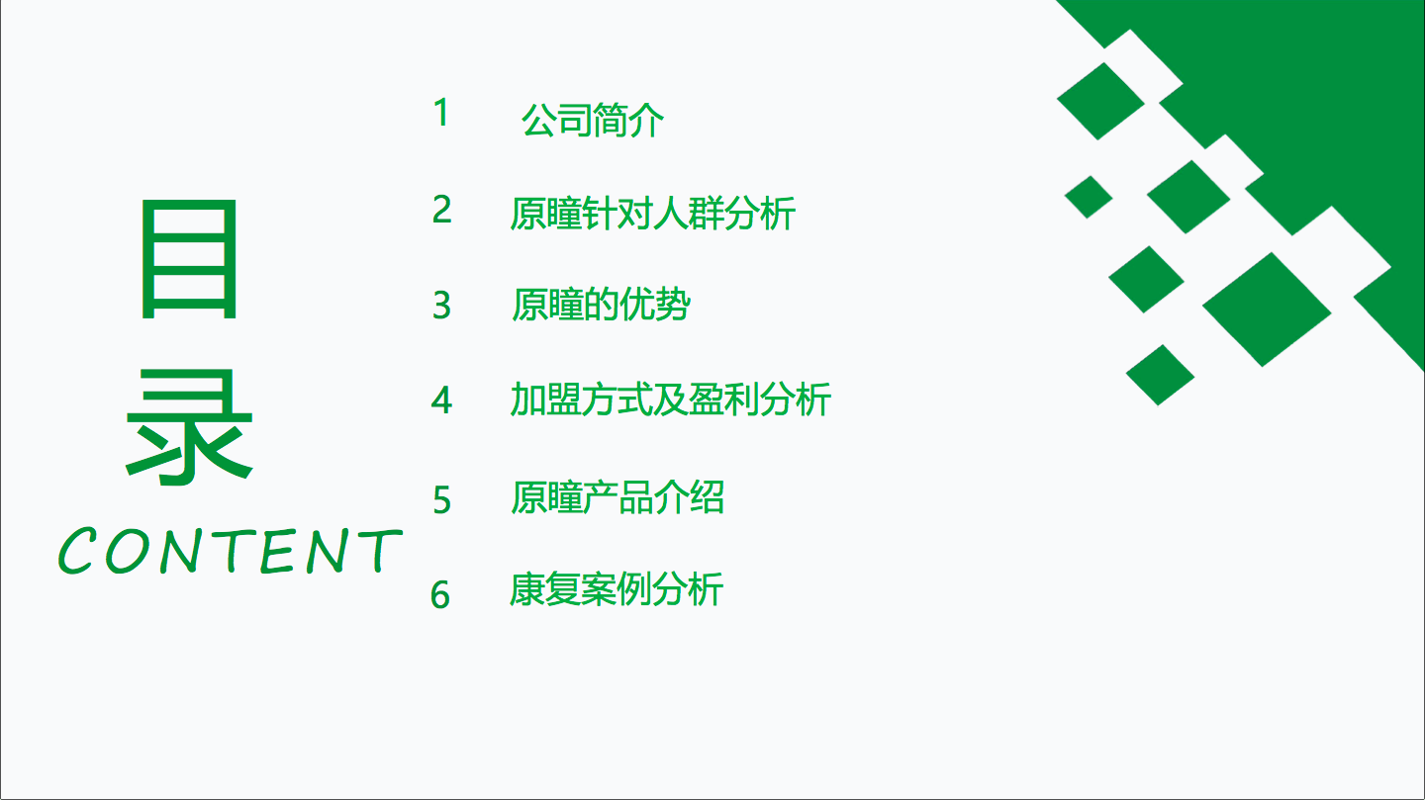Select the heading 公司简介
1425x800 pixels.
(592, 121)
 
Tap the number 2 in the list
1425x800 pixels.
(441, 210)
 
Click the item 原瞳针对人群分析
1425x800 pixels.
(653, 213)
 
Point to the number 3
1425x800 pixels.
(441, 306)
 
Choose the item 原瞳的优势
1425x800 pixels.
(601, 305)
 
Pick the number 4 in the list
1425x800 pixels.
(441, 400)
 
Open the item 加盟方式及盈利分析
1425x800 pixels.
(671, 400)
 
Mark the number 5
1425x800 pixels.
(441, 499)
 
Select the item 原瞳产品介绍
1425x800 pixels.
(617, 497)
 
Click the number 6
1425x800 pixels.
(440, 595)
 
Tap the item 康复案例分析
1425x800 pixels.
(616, 589)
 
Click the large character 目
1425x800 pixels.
(188, 259)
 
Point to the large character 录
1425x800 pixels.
(190, 426)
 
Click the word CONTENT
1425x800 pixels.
(231, 551)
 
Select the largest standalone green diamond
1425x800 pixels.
(1267, 310)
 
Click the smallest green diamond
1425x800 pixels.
(1089, 197)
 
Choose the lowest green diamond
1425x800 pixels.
(1161, 375)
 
